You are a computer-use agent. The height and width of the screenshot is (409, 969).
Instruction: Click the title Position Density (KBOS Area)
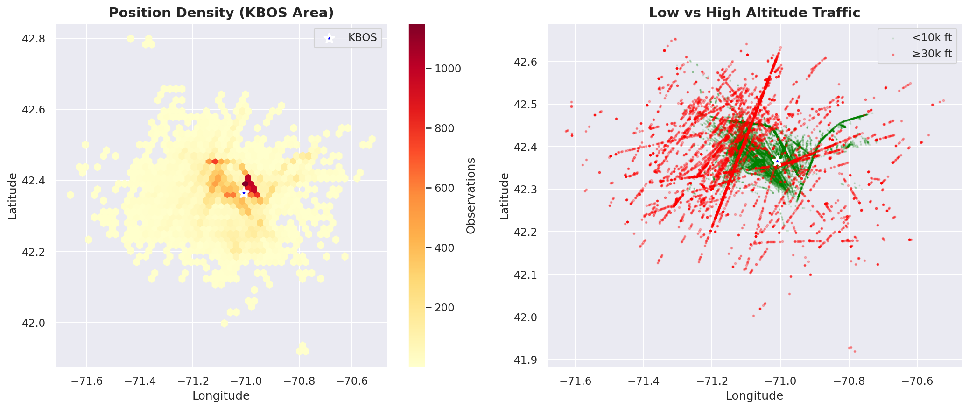221,13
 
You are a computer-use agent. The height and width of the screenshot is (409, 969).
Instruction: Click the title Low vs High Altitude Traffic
754,13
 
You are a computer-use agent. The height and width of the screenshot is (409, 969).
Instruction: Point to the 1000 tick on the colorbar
447,69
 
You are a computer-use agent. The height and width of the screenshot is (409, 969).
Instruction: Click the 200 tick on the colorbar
444,308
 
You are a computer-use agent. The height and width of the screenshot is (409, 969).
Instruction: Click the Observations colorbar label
470,196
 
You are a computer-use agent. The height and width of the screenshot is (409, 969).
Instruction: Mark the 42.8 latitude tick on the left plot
34,38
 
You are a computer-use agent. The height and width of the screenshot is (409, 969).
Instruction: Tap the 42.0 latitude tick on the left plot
34,323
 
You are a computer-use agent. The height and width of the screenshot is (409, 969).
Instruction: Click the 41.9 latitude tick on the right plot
526,360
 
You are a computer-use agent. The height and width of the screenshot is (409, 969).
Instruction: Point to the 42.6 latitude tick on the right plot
526,62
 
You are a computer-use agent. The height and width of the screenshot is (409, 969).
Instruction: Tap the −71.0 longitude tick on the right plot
780,381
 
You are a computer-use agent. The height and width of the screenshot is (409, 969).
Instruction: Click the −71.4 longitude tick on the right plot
643,381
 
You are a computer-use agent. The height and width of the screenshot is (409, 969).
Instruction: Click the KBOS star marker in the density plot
244,193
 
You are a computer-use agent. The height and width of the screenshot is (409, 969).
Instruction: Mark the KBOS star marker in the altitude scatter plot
777,162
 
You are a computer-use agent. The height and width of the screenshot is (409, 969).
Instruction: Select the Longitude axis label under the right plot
754,396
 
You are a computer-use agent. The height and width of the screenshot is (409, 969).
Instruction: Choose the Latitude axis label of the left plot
13,196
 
